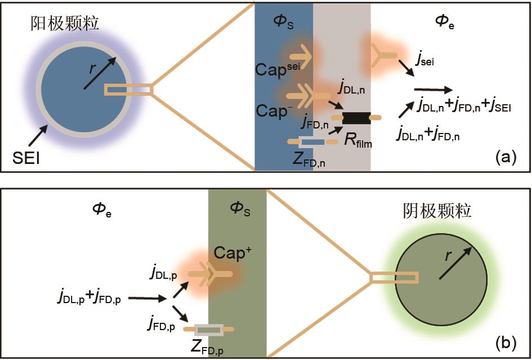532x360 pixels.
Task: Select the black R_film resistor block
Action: click(355, 117)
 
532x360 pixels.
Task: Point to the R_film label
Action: click(358, 140)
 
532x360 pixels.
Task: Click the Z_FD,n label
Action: click(309, 159)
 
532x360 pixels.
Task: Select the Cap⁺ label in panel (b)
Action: click(232, 253)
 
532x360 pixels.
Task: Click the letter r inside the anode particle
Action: click(92, 69)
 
